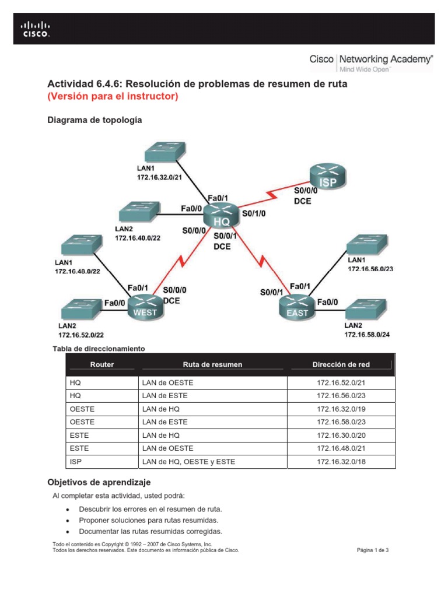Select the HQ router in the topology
[x=222, y=215]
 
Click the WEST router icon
[x=145, y=306]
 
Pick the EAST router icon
[x=297, y=306]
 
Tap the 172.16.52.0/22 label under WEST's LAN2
[x=81, y=335]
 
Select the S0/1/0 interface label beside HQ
[x=253, y=214]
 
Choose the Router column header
[x=102, y=364]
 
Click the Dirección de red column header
[x=341, y=364]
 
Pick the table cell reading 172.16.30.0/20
[x=341, y=435]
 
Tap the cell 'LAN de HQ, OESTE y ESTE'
[x=189, y=462]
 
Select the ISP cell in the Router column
[x=76, y=462]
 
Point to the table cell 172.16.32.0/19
[x=341, y=409]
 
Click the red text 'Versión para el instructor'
[x=112, y=97]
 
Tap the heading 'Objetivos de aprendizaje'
[x=99, y=482]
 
